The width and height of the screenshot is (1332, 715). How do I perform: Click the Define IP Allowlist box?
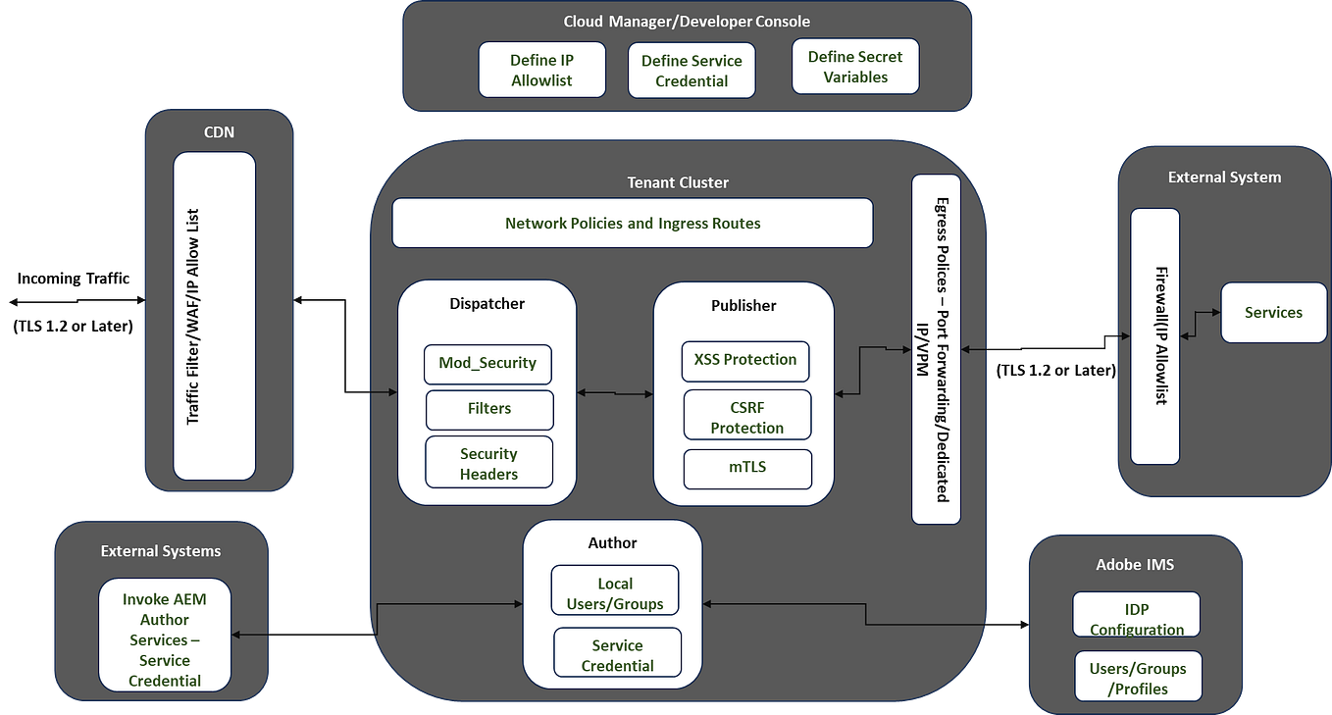click(x=541, y=70)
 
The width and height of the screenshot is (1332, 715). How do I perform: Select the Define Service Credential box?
click(x=692, y=71)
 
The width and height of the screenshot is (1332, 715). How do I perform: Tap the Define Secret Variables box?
click(x=855, y=67)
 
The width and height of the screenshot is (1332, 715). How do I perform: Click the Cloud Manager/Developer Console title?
click(x=687, y=21)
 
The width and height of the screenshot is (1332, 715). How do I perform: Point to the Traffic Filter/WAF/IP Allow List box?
click(x=214, y=316)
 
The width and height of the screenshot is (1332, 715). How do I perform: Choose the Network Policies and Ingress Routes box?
click(x=633, y=224)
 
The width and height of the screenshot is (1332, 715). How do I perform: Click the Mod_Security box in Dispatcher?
click(x=487, y=364)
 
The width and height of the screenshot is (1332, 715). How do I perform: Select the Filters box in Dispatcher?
click(x=489, y=409)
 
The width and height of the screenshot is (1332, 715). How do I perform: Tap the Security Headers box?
click(x=488, y=463)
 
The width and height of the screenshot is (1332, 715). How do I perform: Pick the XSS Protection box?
click(x=746, y=360)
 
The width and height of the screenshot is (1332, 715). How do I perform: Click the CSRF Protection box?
click(x=747, y=416)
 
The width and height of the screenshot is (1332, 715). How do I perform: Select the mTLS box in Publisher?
click(x=747, y=468)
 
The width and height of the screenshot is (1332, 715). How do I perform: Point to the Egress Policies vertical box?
click(x=936, y=349)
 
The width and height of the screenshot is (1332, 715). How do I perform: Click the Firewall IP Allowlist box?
click(x=1154, y=335)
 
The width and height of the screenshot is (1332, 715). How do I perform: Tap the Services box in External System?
click(x=1272, y=313)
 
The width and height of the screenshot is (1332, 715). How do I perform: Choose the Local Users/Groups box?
click(x=615, y=592)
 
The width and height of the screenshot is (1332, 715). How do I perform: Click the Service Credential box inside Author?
click(x=617, y=654)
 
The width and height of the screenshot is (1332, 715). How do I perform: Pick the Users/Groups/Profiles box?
click(x=1138, y=677)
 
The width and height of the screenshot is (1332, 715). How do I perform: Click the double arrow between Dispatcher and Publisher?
click(x=615, y=393)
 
